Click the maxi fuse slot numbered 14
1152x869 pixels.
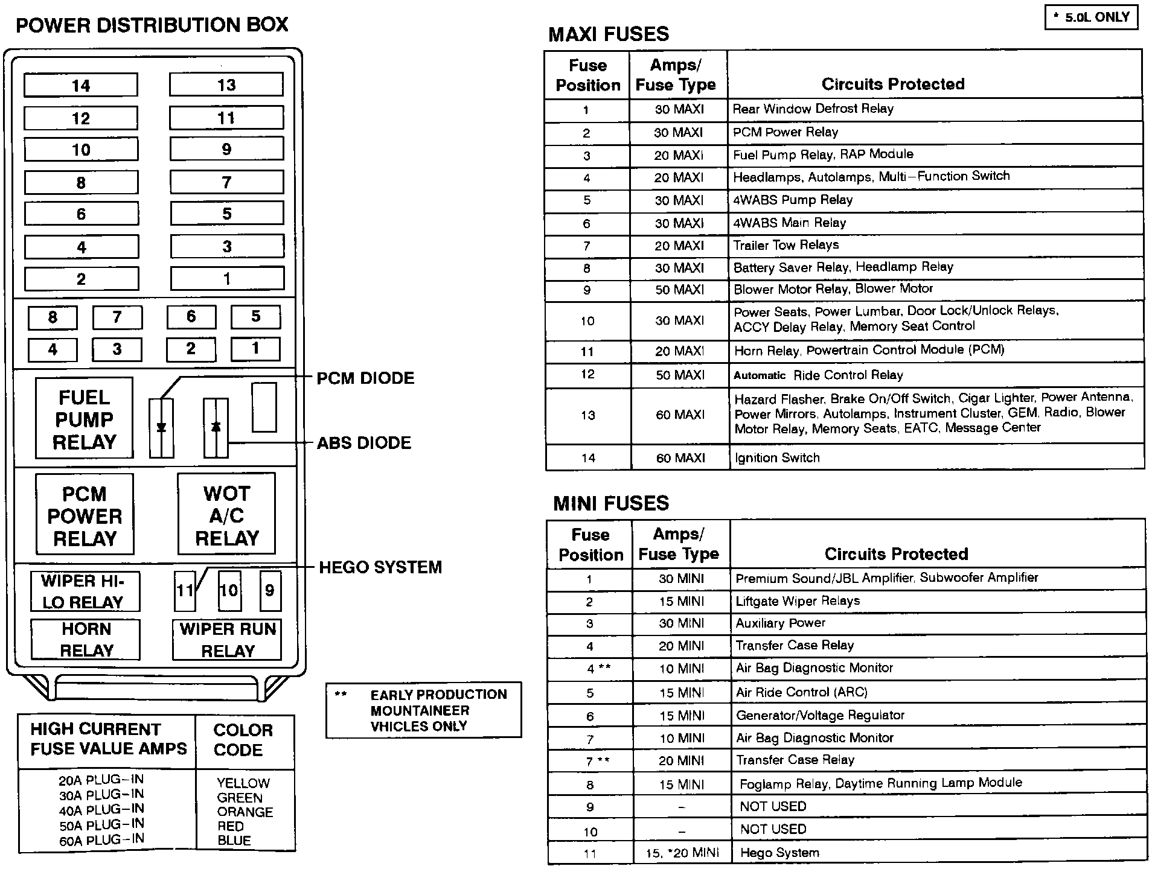81,86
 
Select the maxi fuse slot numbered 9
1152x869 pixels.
226,149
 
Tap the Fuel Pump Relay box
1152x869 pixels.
84,419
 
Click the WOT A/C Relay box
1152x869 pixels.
226,515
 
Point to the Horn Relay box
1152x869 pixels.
86,640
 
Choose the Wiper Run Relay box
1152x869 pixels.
228,640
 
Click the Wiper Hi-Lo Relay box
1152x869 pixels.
85,591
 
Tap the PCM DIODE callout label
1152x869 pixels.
366,378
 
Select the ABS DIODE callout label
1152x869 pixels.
364,443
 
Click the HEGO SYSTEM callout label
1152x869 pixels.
380,567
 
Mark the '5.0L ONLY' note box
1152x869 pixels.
1092,18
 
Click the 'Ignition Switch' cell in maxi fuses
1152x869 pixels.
777,458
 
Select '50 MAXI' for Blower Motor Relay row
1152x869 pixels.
680,290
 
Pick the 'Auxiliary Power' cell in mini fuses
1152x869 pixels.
780,623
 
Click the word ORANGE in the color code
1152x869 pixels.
245,812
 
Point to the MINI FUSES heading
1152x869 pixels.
611,503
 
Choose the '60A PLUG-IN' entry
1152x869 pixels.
101,840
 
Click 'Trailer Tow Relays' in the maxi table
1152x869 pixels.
786,245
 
